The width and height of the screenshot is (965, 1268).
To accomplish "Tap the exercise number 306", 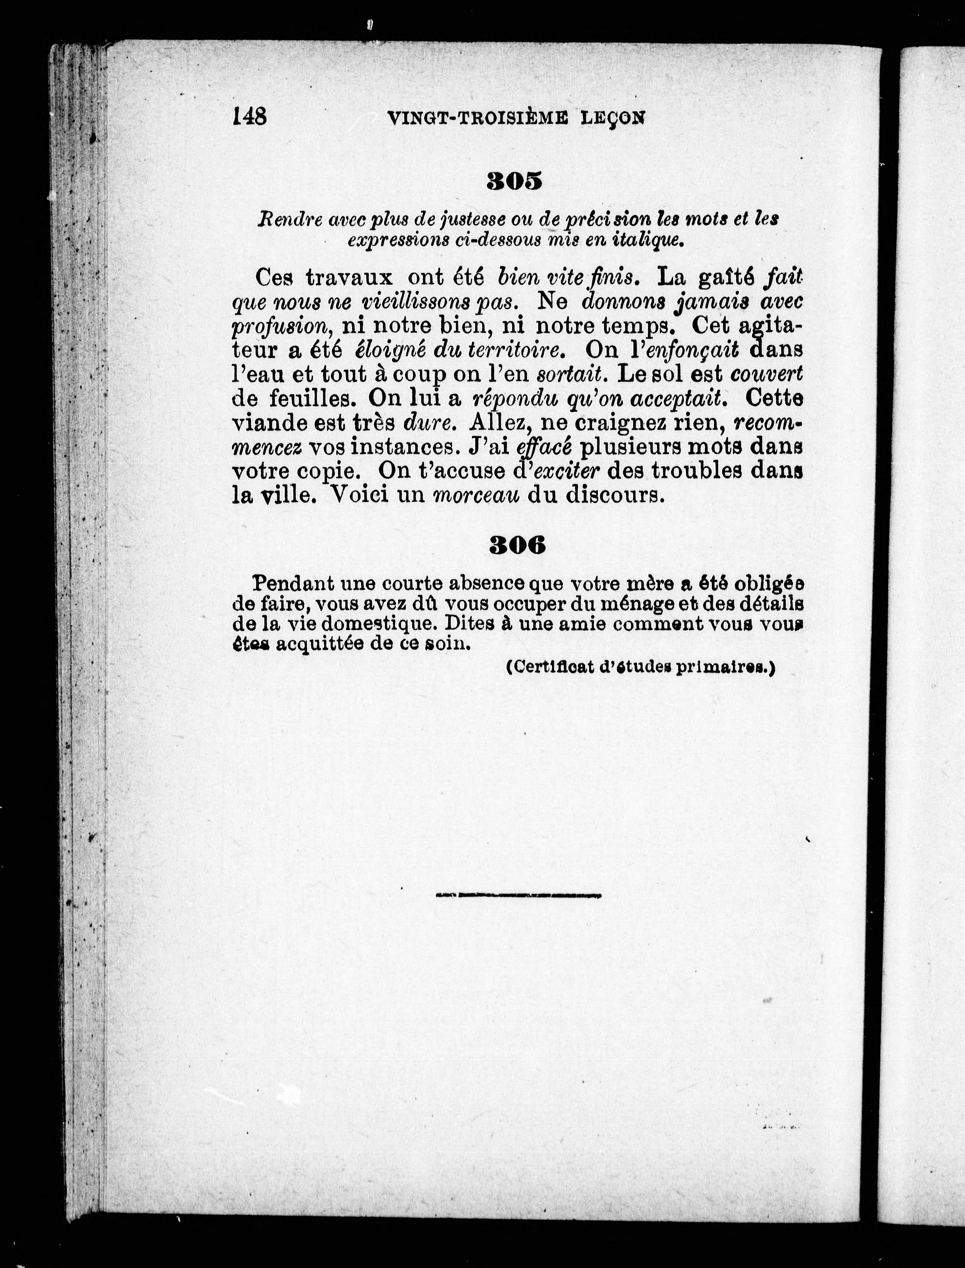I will pos(517,545).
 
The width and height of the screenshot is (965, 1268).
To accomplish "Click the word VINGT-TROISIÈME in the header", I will pos(478,118).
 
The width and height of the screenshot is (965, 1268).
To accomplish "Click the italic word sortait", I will pos(571,374).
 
